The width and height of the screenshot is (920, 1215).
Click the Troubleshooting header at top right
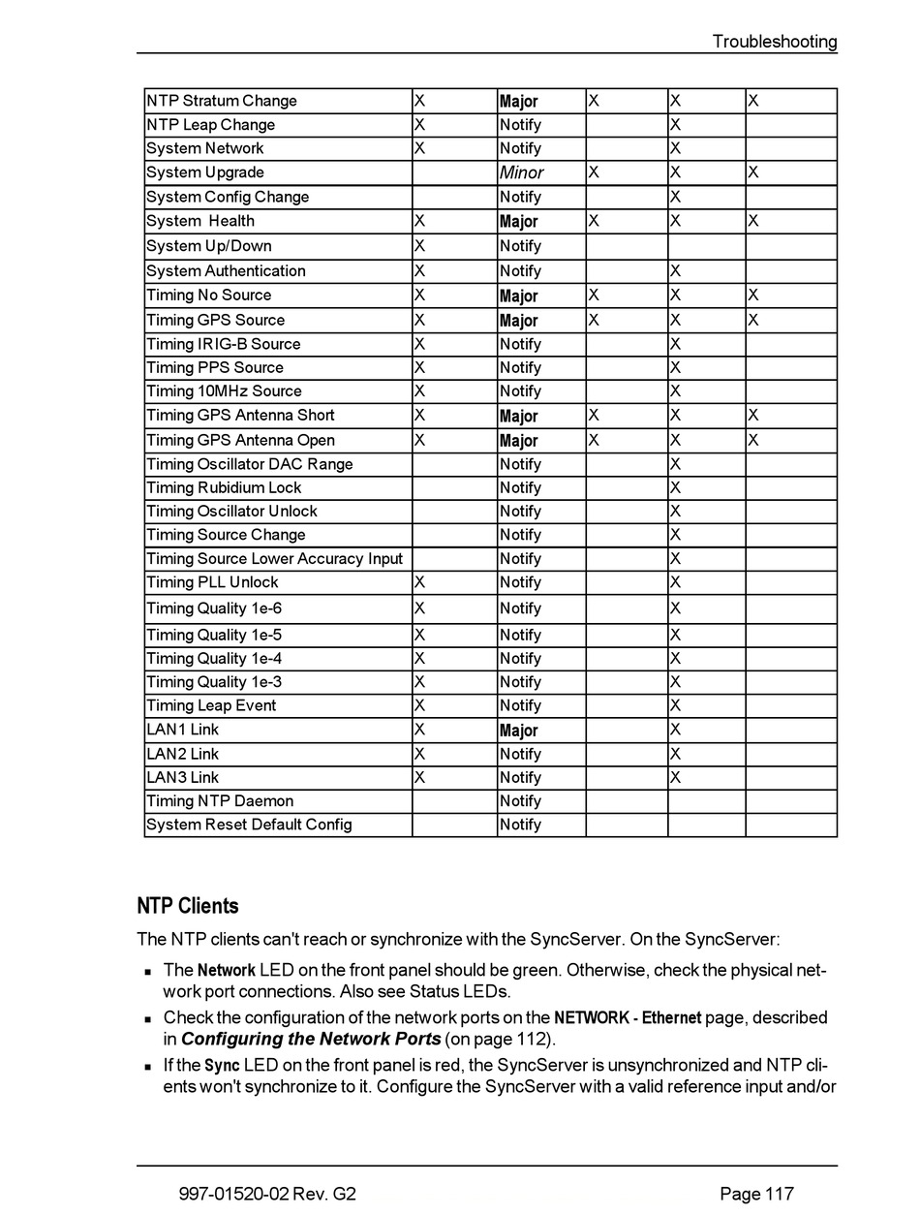[x=774, y=42]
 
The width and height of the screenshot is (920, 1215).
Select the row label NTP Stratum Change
[x=222, y=101]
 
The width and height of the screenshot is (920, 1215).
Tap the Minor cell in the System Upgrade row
[x=521, y=172]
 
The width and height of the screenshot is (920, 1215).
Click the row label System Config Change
[x=228, y=197]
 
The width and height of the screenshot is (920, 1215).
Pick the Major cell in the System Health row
[x=518, y=221]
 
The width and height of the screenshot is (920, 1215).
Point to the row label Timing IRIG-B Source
[x=224, y=344]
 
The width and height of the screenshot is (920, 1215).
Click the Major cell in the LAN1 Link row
[x=518, y=731]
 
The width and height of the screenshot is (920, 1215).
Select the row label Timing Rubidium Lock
[x=224, y=487]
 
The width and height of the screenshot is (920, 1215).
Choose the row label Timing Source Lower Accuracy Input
[x=274, y=558]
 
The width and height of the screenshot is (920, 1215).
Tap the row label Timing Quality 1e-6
[x=214, y=608]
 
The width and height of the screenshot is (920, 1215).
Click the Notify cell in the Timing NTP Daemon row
[x=520, y=801]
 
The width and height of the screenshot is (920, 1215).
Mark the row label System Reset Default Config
[x=249, y=825]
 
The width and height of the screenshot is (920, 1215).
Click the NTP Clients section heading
[x=188, y=906]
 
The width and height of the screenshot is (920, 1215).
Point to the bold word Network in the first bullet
[x=227, y=970]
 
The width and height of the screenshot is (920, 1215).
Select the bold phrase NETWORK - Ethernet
[x=628, y=1017]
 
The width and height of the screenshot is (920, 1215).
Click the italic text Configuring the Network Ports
[x=311, y=1040]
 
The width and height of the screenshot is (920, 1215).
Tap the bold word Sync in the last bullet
[x=223, y=1066]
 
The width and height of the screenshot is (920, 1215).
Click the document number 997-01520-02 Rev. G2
[x=267, y=1194]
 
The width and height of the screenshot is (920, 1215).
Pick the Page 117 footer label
[x=756, y=1194]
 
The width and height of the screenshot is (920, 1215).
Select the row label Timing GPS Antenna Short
[x=240, y=415]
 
